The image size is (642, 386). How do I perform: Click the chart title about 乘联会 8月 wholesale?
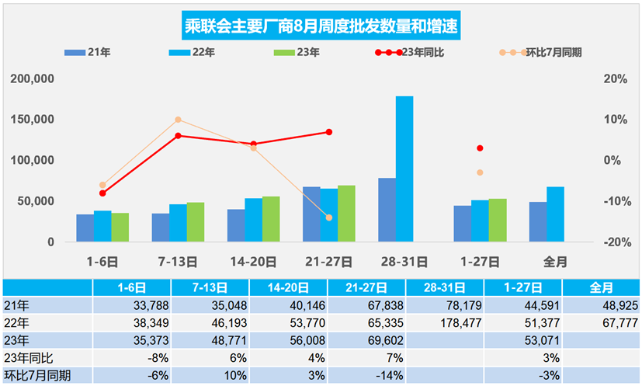(x=320, y=25)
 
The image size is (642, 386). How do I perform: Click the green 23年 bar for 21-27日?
(x=346, y=214)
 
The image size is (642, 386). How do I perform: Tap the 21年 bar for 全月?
(x=537, y=221)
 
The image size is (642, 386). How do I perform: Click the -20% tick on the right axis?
(x=614, y=242)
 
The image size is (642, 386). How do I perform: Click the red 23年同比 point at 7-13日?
(x=178, y=135)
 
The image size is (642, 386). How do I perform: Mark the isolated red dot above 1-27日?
(x=480, y=148)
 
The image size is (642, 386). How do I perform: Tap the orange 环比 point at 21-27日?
(x=328, y=217)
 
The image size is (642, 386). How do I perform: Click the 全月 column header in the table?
(x=601, y=287)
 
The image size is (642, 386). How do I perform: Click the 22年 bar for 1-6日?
(x=102, y=226)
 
